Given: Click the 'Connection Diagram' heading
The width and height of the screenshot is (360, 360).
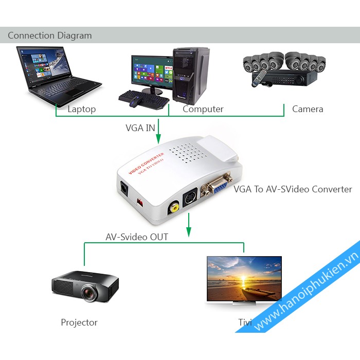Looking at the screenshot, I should tap(49, 35).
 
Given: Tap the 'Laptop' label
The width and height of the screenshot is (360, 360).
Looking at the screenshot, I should tap(81, 109).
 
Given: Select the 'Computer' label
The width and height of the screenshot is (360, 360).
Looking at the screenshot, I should tap(203, 109).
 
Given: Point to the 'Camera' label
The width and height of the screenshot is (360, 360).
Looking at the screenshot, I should tap(308, 109).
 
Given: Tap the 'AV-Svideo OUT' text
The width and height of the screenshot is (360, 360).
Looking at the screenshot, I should tap(137, 237).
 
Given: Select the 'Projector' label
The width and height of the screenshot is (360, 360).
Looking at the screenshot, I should tap(79, 322).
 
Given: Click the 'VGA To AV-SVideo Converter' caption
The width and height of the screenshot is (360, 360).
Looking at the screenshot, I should tap(293, 189).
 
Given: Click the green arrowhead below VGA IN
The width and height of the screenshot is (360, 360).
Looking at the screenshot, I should tap(158, 137).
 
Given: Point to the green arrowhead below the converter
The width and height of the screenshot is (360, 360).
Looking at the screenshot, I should tap(189, 232).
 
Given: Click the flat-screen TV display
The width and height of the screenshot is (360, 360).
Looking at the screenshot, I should tap(244, 280).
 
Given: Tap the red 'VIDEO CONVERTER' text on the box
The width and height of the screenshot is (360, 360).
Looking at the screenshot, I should tap(146, 163).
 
